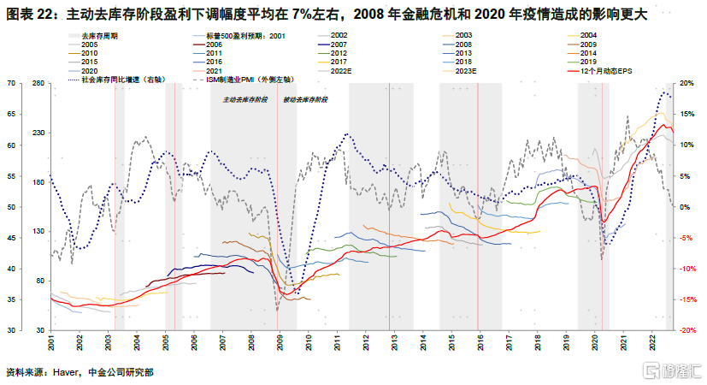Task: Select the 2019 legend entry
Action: (x=588, y=62)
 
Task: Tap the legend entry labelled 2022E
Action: (x=341, y=71)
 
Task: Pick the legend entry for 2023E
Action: (x=466, y=71)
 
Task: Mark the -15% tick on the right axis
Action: (x=688, y=299)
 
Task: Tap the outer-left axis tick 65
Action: (x=11, y=114)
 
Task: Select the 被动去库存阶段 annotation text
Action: (x=305, y=100)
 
